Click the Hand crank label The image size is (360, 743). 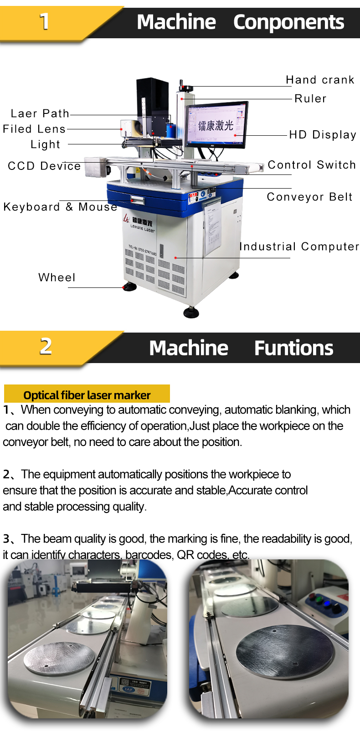[320, 80]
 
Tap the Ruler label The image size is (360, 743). [310, 98]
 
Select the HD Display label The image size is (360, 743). [323, 134]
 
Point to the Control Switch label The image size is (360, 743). [312, 164]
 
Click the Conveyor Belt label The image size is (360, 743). [309, 197]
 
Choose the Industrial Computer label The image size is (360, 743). [299, 246]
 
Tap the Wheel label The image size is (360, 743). [57, 277]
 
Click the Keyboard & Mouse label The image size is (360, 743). [60, 207]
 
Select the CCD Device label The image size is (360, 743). [44, 166]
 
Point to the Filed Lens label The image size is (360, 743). [34, 129]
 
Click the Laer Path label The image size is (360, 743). [40, 113]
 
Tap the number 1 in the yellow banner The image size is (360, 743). [44, 21]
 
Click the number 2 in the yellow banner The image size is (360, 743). [46, 346]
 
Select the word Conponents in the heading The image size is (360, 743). [288, 22]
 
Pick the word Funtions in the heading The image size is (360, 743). [293, 348]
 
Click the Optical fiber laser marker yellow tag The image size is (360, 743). [87, 395]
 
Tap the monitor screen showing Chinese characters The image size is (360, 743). [216, 124]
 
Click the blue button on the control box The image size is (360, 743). [326, 603]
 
